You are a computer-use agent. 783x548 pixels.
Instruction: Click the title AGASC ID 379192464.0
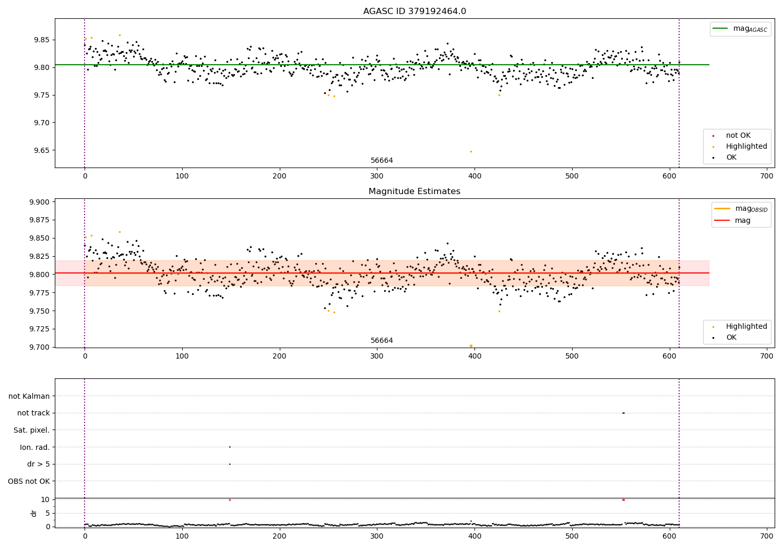[414, 11]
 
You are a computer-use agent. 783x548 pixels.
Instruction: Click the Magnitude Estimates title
[414, 192]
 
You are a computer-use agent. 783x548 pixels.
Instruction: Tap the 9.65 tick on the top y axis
[41, 150]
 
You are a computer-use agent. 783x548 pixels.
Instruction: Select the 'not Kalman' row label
[29, 396]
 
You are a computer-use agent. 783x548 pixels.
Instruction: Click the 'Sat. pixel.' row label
[31, 430]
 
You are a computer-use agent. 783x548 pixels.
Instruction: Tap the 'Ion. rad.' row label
[34, 447]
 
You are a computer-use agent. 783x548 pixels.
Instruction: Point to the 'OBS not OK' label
[29, 481]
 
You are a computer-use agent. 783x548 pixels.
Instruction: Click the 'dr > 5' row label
[38, 464]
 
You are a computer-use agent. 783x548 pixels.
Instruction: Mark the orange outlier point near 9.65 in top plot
[471, 151]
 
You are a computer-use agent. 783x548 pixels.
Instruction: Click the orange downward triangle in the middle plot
[471, 346]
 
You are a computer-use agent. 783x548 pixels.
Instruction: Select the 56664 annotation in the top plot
[382, 161]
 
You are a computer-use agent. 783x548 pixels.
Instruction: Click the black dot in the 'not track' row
[623, 413]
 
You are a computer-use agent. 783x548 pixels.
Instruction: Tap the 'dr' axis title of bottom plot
[34, 513]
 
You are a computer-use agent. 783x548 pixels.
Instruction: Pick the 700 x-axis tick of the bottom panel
[767, 535]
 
